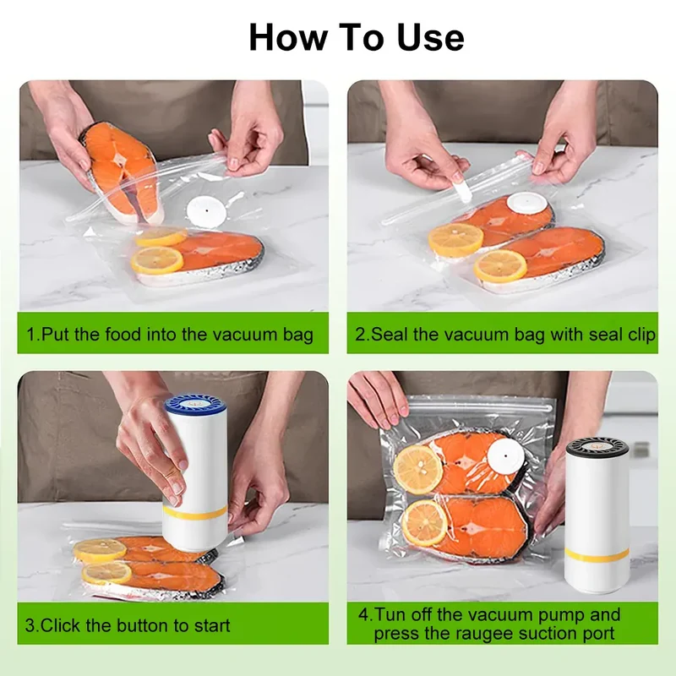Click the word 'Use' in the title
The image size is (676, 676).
pos(430,37)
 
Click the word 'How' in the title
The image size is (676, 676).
pos(287,37)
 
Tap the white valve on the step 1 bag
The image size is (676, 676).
pos(206,210)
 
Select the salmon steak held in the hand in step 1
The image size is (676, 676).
pos(120,172)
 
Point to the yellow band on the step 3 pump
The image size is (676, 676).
pos(195,513)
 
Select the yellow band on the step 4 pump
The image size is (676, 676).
pos(597,556)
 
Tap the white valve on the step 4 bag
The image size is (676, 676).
pos(505,456)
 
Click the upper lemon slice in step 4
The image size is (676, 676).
pos(417,470)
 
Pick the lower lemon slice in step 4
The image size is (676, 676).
pos(424,522)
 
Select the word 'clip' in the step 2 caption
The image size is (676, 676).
pos(640,335)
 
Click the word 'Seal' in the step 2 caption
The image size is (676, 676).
pos(390,334)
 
